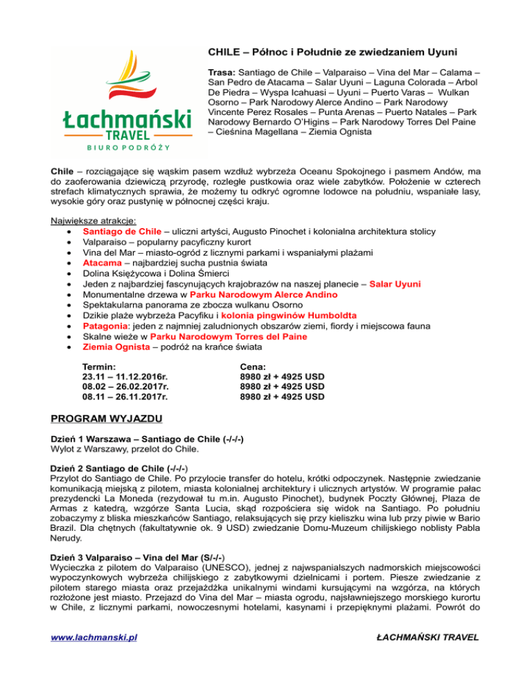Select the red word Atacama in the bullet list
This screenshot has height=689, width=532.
point(103,263)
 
